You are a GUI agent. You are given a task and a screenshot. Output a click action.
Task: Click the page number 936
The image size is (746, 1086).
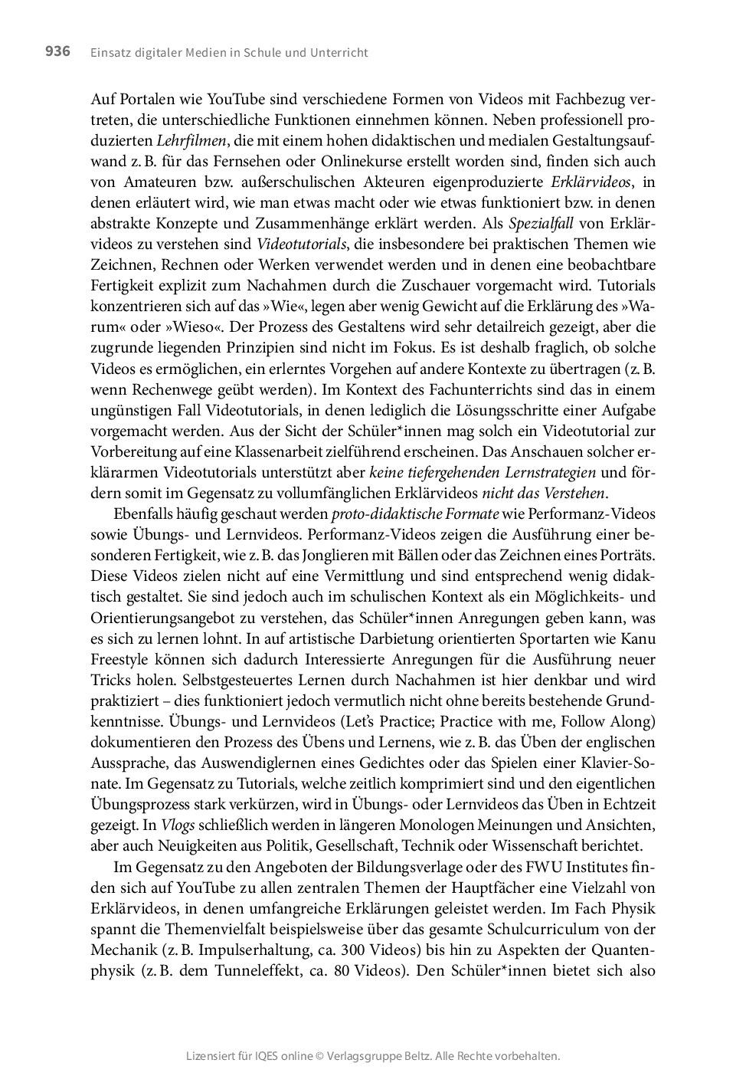pos(57,51)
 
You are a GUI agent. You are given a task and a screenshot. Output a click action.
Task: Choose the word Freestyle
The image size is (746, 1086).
pos(123,659)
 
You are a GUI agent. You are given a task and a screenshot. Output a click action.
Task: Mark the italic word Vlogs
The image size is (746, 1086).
pos(178,825)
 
